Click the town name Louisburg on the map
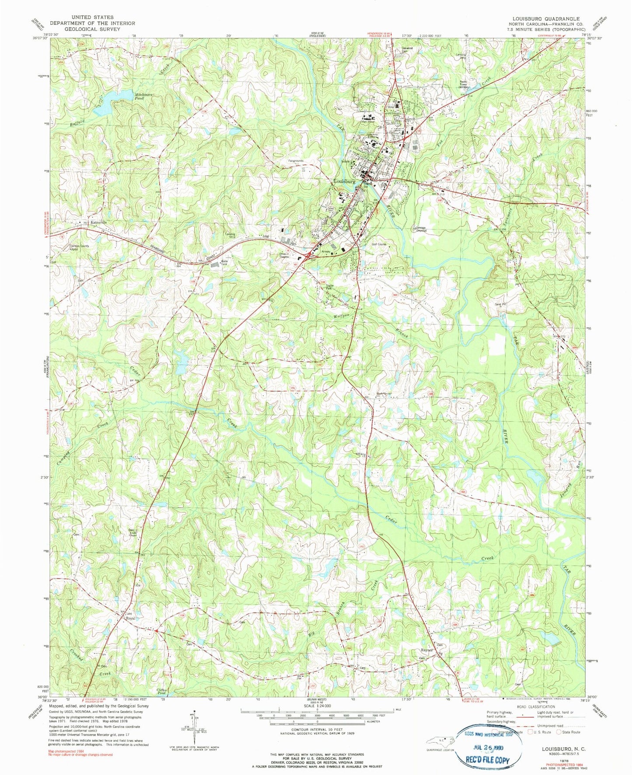[344, 181]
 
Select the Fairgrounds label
[296, 161]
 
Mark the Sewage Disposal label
[418, 229]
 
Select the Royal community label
[130, 619]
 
